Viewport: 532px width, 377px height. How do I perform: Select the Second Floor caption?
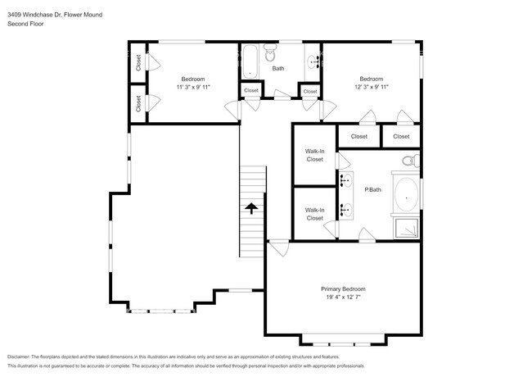tap(25, 25)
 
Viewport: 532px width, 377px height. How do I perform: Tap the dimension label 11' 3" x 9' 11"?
tap(193, 87)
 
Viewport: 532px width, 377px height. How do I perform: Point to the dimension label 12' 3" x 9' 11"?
tap(371, 87)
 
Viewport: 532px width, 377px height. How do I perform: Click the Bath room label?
tap(278, 68)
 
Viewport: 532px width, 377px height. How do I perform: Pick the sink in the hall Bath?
tap(312, 60)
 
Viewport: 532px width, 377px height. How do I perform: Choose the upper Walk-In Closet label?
tap(315, 155)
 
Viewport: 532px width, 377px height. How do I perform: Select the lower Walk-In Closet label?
tap(315, 215)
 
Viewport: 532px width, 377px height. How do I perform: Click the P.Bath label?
tap(372, 190)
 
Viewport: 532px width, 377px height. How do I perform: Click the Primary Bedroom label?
tap(342, 289)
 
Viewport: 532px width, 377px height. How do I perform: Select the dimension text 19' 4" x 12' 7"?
tap(342, 299)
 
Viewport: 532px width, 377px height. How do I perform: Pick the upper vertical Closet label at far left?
tap(138, 62)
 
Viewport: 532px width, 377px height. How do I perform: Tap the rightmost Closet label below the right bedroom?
tap(401, 136)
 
